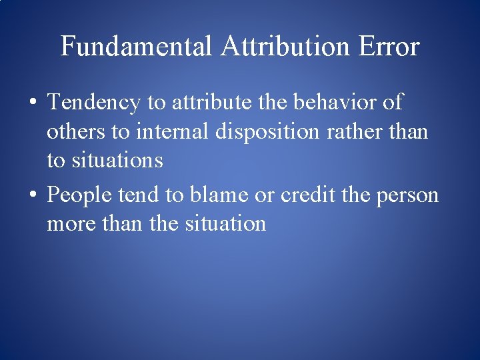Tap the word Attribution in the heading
285,47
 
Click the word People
80,195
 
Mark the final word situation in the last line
223,223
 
